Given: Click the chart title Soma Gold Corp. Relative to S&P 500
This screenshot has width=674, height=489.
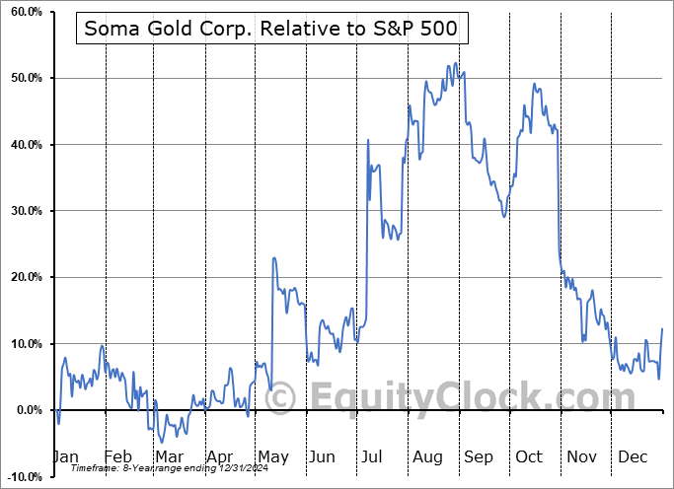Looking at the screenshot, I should pyautogui.click(x=270, y=30).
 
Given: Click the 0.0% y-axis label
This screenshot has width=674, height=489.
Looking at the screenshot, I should pyautogui.click(x=25, y=410).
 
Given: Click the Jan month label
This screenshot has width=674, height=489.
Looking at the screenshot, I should pyautogui.click(x=64, y=456).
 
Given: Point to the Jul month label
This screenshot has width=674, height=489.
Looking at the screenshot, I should pyautogui.click(x=374, y=456).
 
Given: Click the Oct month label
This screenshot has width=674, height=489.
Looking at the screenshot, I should pyautogui.click(x=529, y=456).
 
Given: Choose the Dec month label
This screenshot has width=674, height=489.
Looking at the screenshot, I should pyautogui.click(x=632, y=456).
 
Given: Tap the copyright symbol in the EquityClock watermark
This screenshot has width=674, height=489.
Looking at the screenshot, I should pyautogui.click(x=280, y=398).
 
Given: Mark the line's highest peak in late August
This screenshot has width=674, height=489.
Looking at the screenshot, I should pyautogui.click(x=454, y=64).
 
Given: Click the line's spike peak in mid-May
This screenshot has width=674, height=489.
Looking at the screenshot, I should pyautogui.click(x=273, y=257).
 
